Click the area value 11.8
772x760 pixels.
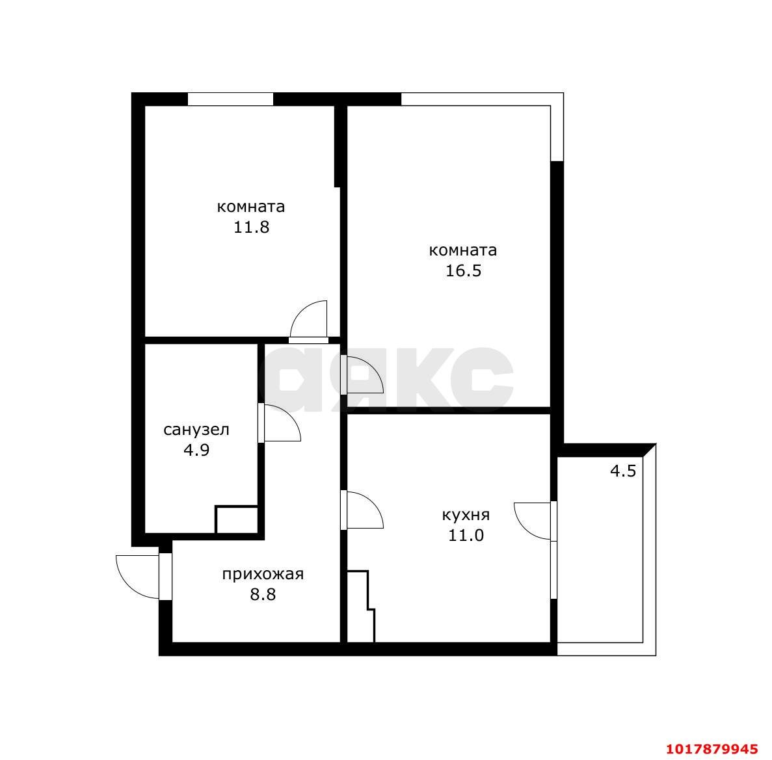[251, 228]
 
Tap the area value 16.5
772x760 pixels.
[463, 270]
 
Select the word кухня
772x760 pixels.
[466, 516]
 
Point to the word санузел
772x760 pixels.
[196, 430]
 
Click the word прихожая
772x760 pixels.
[263, 575]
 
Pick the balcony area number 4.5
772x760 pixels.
[623, 471]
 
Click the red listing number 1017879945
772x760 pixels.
[712, 749]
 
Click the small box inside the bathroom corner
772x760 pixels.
[237, 519]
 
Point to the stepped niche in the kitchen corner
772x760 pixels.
[361, 607]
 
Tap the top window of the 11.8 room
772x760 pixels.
[230, 99]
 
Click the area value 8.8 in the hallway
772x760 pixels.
[263, 595]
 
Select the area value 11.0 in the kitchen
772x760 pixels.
[466, 535]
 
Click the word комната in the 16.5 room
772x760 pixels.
[463, 250]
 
